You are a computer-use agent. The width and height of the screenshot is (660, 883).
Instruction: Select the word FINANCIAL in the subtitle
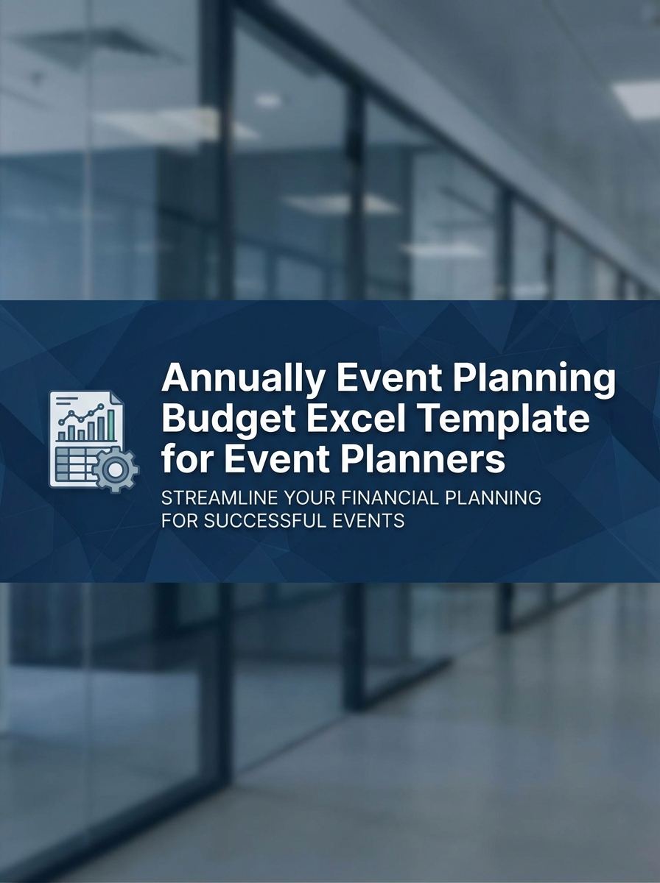(x=391, y=498)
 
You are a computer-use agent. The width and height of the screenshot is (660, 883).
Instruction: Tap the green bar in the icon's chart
(x=110, y=425)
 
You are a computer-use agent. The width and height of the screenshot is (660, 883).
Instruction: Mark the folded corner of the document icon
(x=115, y=398)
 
